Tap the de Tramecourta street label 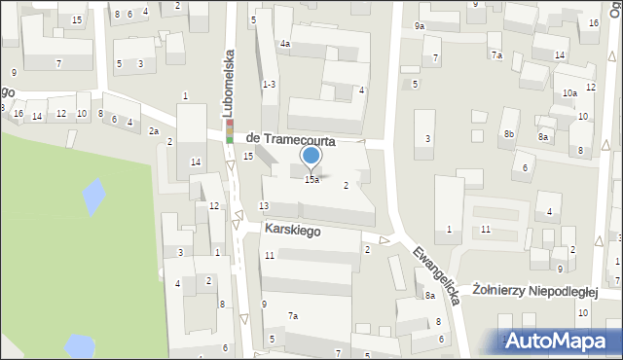coord(291,140)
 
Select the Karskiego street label coord(293,233)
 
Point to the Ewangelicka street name coord(434,269)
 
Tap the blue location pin coord(311,156)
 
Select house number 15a coord(311,180)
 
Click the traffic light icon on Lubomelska coord(230,130)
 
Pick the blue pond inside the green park coord(93,198)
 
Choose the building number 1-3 coord(270,85)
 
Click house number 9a coord(419,25)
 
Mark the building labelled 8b coord(509,133)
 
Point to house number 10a coord(569,93)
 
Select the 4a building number coord(285,44)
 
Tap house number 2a coord(153,131)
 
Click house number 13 coord(263,205)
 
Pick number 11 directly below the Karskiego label coord(269,255)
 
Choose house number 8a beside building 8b coord(543,137)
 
